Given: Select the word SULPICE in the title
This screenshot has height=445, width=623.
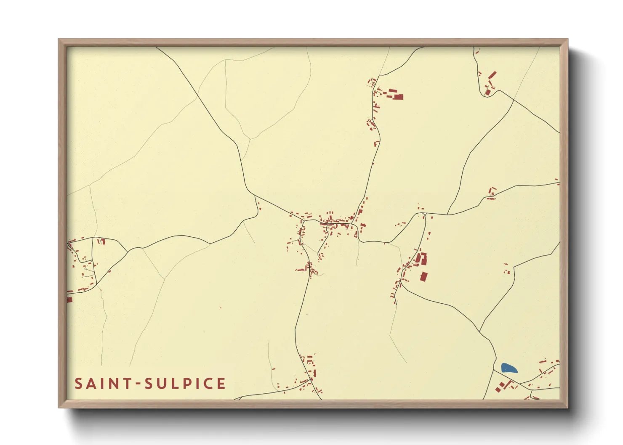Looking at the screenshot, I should pos(185,384).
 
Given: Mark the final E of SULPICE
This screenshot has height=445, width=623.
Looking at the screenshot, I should pos(221,384).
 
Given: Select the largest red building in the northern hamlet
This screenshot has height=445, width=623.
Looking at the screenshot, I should pos(398,97).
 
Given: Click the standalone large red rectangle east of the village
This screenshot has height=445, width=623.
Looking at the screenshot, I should pos(423,276).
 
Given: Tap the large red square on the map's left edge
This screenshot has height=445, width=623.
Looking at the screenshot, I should pos(69,299).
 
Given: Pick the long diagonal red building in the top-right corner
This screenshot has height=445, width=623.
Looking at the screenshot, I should pos(492,76).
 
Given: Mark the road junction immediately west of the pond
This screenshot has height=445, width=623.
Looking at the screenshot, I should pos(494,370).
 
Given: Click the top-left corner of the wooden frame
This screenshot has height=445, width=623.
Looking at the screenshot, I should pos(59,40).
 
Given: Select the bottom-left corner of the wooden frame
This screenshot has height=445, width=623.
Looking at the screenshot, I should pos(59,407).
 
